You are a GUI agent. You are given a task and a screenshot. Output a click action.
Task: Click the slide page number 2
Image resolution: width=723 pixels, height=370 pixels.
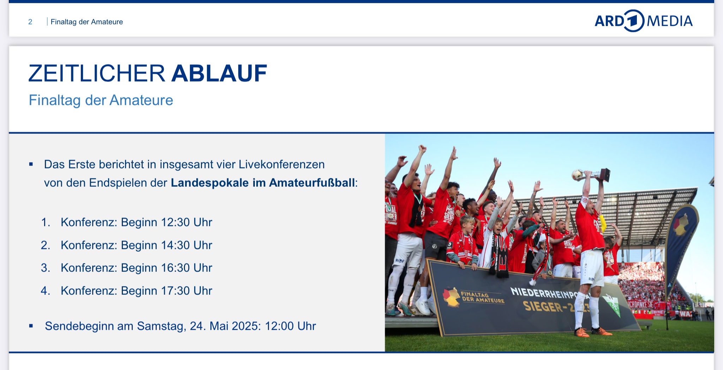tap(30, 22)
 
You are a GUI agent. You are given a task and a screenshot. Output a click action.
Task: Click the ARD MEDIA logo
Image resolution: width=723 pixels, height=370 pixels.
tap(644, 21)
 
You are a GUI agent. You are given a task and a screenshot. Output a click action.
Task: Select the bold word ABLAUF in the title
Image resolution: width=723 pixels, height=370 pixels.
tap(219, 73)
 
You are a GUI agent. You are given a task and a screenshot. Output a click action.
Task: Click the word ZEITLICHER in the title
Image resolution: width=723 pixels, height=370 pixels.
tap(97, 73)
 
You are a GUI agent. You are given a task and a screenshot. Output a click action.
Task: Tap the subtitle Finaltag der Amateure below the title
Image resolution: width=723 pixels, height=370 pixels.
tap(101, 100)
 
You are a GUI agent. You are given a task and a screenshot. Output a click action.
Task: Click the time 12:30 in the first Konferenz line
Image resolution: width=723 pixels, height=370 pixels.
tap(175, 222)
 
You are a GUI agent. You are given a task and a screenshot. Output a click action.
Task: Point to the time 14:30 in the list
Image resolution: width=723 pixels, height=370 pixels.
tap(175, 245)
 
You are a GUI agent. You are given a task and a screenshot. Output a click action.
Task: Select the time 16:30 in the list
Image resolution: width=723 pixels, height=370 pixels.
tap(175, 268)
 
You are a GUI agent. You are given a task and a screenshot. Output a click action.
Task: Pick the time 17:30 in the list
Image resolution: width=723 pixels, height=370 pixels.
tap(175, 291)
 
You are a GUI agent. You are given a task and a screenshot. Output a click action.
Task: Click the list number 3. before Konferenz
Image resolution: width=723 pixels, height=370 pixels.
tap(46, 268)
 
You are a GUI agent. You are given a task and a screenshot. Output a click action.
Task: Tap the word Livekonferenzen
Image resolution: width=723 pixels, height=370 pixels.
tap(282, 165)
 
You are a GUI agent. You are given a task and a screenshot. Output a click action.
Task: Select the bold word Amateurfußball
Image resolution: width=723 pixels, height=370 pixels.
tap(312, 183)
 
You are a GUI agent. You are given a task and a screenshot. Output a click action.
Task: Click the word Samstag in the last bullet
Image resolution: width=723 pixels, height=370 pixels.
tap(160, 326)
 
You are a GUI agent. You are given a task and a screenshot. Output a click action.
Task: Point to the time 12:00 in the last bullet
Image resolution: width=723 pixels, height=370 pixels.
tap(279, 326)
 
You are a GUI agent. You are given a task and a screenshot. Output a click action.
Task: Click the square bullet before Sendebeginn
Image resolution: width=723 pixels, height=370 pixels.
tap(31, 326)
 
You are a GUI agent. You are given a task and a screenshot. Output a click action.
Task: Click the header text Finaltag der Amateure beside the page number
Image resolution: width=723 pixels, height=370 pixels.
tap(87, 22)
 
